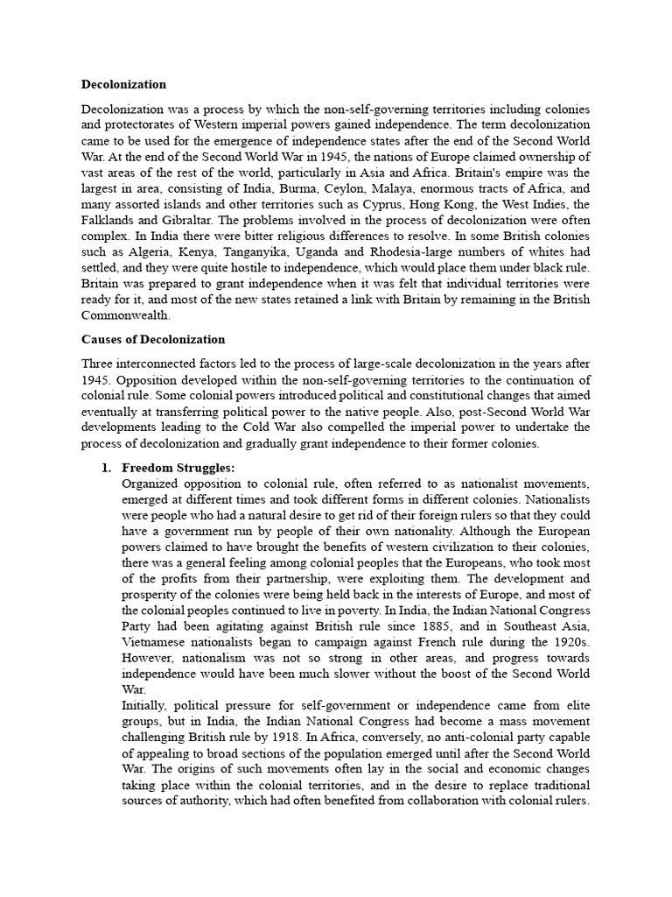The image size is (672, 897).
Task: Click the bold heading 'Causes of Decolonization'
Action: coord(153,339)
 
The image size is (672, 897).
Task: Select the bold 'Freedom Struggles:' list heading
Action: coord(178,468)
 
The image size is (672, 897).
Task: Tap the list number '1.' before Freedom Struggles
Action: coord(108,468)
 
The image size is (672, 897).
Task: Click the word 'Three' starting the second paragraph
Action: coord(99,364)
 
